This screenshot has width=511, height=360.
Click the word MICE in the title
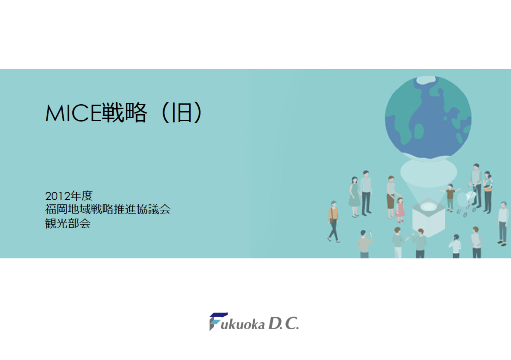click(74, 113)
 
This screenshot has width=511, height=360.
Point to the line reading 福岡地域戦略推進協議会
click(108, 209)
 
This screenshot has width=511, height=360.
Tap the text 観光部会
click(68, 223)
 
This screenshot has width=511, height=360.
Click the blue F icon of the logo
click(218, 321)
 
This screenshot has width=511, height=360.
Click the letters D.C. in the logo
click(283, 324)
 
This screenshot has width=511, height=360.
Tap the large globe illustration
click(428, 118)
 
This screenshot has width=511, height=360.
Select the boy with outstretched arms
click(450, 197)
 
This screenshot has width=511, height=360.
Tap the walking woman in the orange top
click(333, 221)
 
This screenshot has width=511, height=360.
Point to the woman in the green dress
click(354, 196)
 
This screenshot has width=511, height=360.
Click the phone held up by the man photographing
click(370, 233)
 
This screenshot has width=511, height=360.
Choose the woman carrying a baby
click(487, 192)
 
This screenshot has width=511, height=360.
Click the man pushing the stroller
click(476, 185)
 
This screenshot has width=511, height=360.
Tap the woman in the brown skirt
click(391, 197)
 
